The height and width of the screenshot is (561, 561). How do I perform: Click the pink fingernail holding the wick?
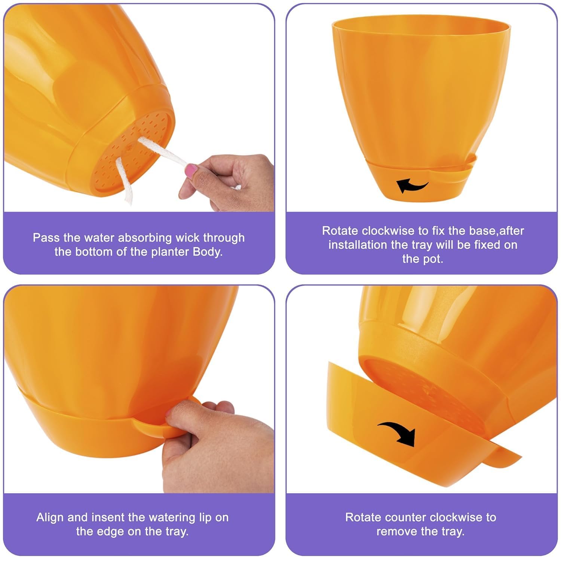192,171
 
